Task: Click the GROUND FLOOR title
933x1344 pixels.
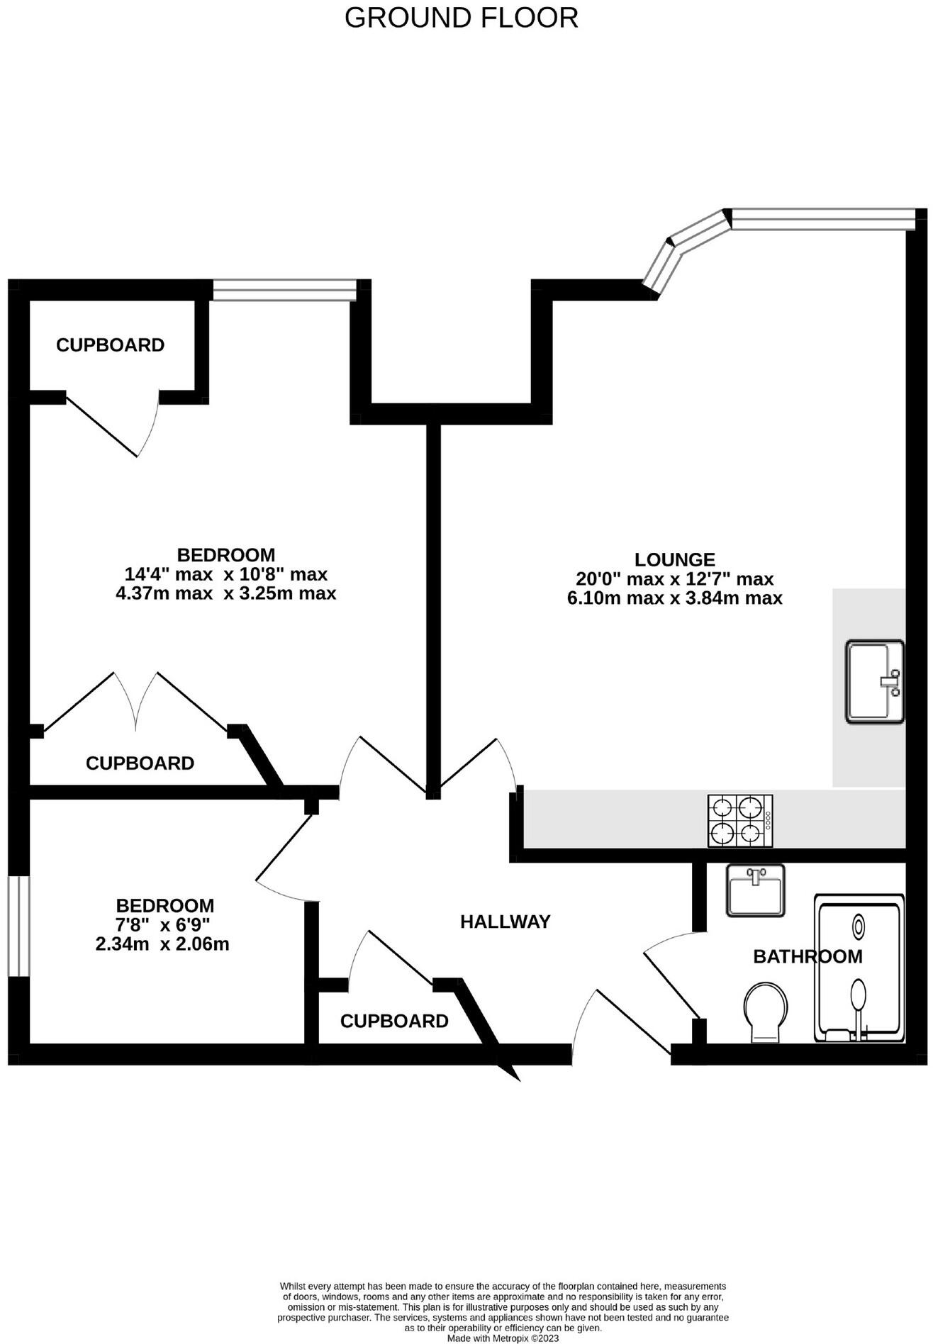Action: [461, 18]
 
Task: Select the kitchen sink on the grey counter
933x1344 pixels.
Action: [874, 681]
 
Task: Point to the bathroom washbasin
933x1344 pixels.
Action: [755, 890]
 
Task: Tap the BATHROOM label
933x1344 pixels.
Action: [808, 956]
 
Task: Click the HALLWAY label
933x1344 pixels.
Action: [505, 922]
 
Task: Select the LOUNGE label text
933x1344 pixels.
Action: [674, 559]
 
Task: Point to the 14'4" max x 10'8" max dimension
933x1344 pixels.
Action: [225, 573]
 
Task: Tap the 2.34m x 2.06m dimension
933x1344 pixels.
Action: [162, 943]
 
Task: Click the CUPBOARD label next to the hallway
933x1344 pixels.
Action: [394, 1021]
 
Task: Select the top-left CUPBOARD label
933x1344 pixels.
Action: [110, 345]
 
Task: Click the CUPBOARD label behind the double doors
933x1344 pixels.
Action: [140, 763]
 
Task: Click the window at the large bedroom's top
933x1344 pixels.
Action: [284, 289]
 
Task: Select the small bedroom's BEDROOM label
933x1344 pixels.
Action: [164, 905]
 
